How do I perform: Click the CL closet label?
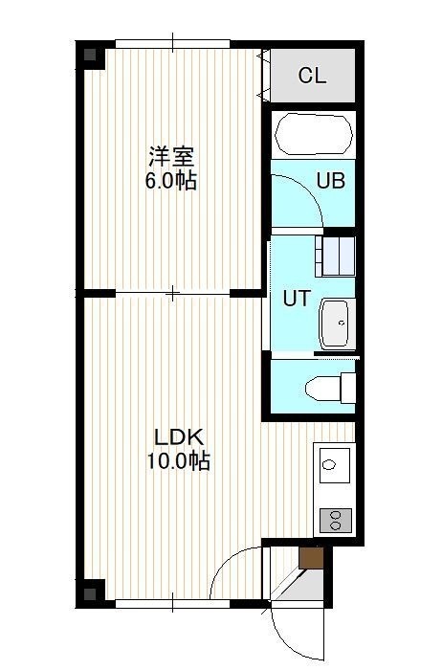pos(312,76)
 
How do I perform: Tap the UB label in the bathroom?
pos(330,181)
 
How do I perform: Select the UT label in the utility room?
pos(297,299)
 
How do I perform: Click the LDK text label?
pos(179,437)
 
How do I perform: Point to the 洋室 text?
pos(171,157)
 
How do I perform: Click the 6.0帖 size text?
pos(171,181)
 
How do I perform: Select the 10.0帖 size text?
pos(179,461)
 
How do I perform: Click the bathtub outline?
pos(314,134)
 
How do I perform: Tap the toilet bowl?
pos(323,389)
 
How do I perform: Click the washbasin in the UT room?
pos(338,324)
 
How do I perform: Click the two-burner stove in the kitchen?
pos(336,520)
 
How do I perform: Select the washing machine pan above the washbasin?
pos(335,256)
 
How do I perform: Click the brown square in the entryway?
pos(311,558)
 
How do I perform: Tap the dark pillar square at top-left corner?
pos(90,55)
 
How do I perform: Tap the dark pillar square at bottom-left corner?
pos(90,594)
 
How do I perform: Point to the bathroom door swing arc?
pos(307,189)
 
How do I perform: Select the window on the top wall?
pos(172,44)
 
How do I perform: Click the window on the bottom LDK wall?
pos(172,604)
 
